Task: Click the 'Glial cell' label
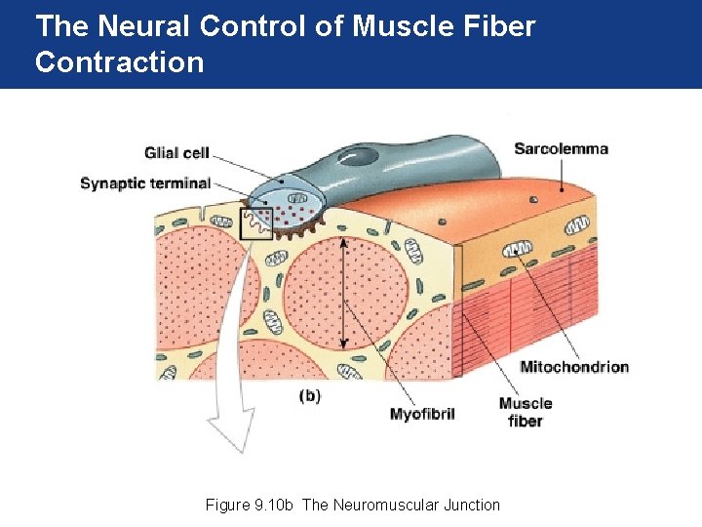[176, 153]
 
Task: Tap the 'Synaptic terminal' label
[145, 182]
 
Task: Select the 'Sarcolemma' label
[561, 149]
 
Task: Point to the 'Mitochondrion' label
[574, 367]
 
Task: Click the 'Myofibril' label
[422, 414]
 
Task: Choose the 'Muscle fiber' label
[525, 412]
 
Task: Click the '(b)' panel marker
[309, 395]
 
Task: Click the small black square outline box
[255, 223]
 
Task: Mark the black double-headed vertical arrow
[343, 293]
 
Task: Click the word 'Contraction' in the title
[119, 62]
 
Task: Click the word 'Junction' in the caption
[470, 505]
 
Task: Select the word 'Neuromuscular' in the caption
[384, 505]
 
